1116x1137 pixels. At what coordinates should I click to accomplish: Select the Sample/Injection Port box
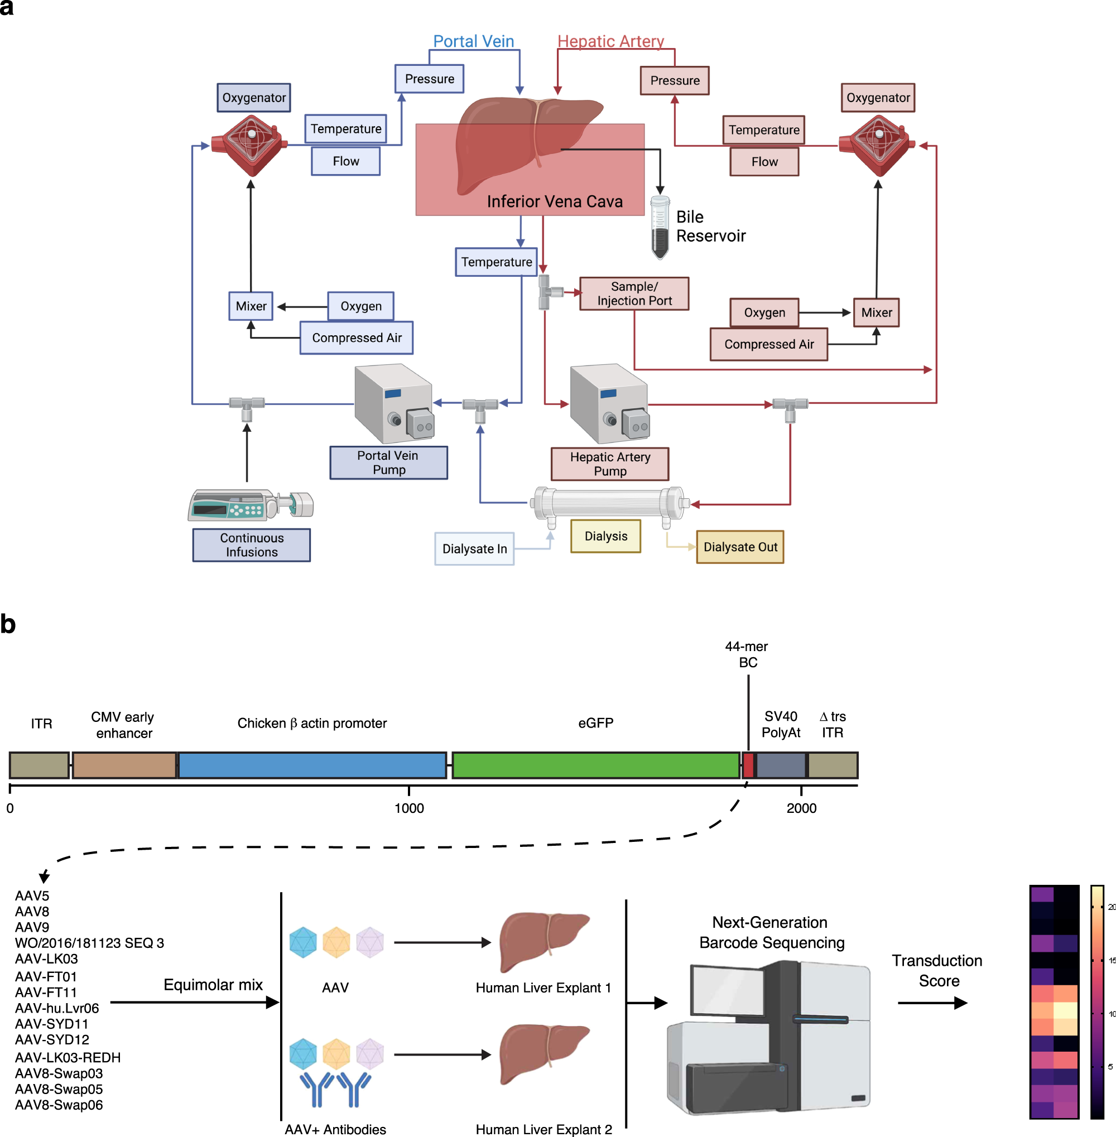tap(634, 293)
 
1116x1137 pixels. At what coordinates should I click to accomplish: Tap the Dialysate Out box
tap(740, 547)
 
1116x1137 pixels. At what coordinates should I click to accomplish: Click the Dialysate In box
tap(474, 548)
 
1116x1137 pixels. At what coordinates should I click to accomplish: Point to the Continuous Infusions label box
tap(252, 545)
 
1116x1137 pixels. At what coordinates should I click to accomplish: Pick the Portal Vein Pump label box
tap(388, 463)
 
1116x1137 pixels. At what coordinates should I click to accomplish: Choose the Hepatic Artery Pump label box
tap(609, 464)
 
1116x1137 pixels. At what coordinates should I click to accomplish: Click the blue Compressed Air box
tap(357, 338)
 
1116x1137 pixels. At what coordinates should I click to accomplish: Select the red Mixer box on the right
tap(876, 312)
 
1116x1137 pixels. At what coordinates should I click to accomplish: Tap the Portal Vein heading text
tap(473, 41)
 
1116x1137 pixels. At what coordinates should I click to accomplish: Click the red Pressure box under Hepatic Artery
tap(675, 80)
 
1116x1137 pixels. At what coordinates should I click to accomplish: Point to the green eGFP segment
tap(595, 765)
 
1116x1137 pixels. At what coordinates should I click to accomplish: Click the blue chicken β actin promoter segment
tap(312, 765)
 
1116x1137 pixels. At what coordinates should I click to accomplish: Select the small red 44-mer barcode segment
tap(748, 765)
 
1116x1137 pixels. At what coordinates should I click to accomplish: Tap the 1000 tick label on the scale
tap(409, 808)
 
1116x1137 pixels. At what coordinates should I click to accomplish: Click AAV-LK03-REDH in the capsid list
tap(68, 1057)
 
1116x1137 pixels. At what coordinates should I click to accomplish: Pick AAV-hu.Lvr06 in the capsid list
tap(57, 1008)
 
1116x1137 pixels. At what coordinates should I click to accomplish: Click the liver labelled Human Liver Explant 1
tap(543, 940)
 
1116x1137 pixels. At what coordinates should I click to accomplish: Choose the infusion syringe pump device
tap(251, 505)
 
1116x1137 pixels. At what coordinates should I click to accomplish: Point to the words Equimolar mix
tap(213, 985)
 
